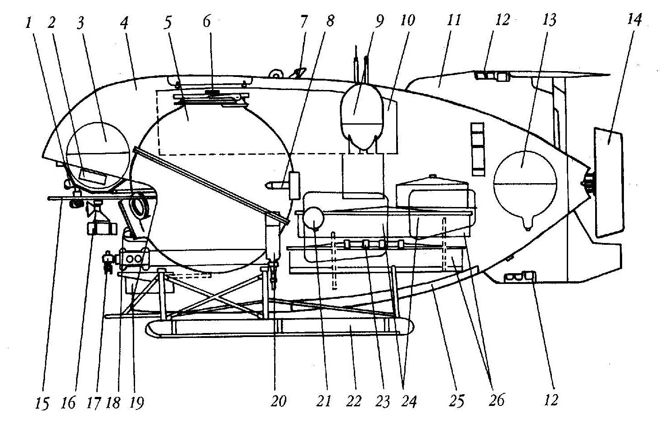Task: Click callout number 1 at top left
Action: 28,23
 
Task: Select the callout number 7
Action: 304,21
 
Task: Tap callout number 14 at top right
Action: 634,20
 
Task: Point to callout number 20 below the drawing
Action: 278,401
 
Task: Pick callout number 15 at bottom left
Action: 42,404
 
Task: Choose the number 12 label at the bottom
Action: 551,400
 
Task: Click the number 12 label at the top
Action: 502,20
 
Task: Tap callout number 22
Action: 353,402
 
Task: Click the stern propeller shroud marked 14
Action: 608,182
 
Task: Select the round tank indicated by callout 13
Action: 525,189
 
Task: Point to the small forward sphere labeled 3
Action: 98,156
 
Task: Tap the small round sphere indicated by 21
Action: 313,218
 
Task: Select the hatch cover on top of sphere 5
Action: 211,98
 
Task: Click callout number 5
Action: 168,23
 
